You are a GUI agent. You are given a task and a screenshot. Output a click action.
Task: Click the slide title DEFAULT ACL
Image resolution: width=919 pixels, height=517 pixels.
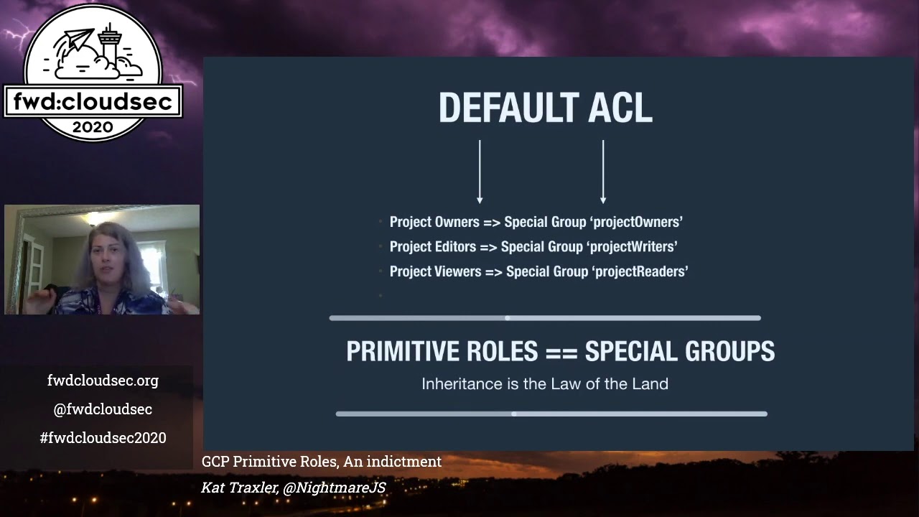545,108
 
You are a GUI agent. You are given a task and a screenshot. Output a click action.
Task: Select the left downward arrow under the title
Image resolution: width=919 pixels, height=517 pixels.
480,172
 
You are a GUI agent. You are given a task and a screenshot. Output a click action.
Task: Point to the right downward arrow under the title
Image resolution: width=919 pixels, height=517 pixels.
603,172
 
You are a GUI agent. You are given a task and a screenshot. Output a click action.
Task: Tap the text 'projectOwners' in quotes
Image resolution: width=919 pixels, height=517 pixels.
638,222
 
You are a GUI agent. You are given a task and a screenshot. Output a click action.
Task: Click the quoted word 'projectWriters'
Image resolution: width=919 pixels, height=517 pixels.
633,247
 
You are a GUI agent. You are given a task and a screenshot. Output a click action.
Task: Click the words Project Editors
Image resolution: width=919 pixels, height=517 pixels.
433,247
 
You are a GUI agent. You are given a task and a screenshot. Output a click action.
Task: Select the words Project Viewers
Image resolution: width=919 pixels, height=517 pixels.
435,271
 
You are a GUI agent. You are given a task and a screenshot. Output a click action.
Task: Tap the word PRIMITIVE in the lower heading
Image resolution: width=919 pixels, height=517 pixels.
401,351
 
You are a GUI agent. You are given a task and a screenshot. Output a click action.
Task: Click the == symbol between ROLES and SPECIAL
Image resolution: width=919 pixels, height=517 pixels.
561,352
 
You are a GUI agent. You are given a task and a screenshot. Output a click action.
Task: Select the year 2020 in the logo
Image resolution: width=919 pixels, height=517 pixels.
93,127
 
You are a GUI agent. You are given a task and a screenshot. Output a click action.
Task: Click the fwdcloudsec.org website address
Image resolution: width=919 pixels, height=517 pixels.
103,381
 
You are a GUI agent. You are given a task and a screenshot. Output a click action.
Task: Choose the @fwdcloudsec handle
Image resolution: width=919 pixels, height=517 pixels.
103,409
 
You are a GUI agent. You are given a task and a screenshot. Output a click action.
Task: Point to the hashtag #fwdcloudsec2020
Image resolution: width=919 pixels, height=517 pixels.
103,438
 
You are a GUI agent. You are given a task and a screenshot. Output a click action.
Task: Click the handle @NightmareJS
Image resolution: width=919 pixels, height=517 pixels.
334,488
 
